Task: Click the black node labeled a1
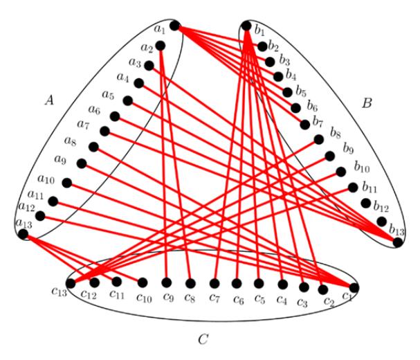(174, 26)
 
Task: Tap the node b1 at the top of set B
(246, 26)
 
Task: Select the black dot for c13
(71, 283)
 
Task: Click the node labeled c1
(354, 287)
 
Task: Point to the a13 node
(23, 234)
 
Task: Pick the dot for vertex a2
(160, 46)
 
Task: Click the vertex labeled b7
(305, 125)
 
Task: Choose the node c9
(167, 282)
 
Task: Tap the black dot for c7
(214, 283)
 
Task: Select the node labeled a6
(115, 116)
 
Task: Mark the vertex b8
(319, 140)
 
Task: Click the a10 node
(67, 183)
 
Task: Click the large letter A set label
(49, 100)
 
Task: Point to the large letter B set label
(367, 103)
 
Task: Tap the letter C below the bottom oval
(203, 339)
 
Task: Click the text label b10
(362, 168)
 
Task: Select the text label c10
(144, 298)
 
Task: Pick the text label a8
(70, 141)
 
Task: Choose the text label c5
(259, 299)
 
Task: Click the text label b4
(291, 75)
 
